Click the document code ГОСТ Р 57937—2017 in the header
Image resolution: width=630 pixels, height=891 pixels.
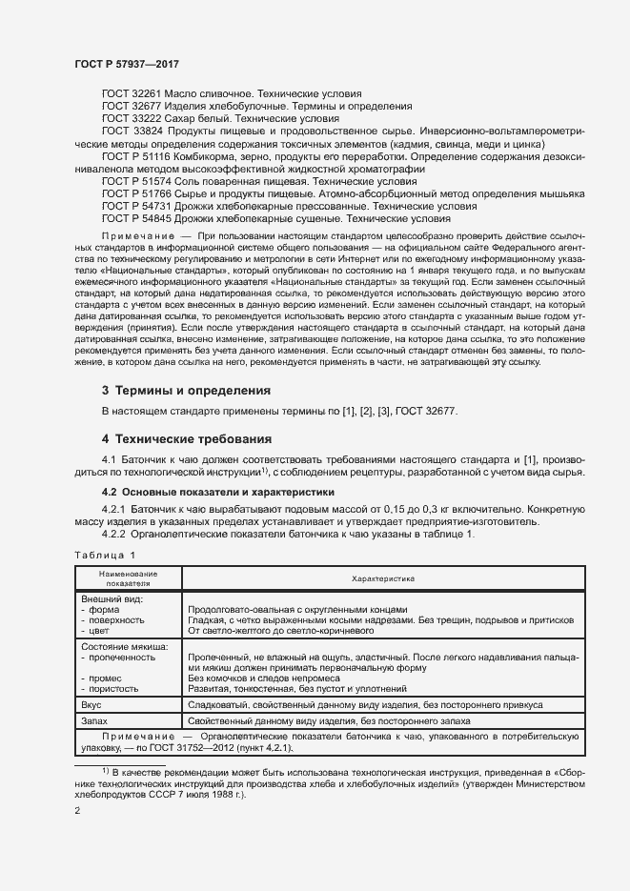[x=126, y=63]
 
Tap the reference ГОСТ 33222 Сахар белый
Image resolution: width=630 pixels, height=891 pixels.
[x=219, y=117]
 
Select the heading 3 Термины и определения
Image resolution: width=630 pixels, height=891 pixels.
[x=186, y=391]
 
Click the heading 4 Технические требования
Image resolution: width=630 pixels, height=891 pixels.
[x=187, y=439]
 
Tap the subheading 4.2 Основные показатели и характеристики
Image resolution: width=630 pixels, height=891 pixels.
[x=218, y=493]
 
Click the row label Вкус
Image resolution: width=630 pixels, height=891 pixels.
[x=91, y=705]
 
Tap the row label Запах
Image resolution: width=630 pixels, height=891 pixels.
[x=94, y=722]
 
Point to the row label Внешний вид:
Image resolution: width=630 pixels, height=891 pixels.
[x=113, y=598]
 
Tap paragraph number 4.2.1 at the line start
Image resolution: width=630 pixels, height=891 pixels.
[x=116, y=509]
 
